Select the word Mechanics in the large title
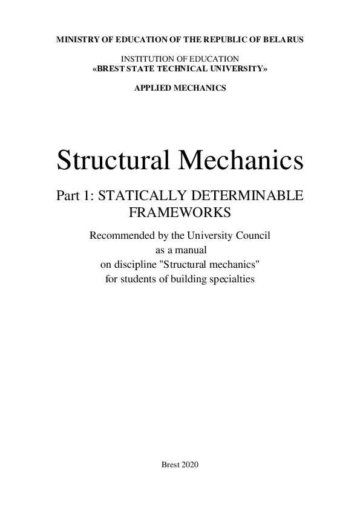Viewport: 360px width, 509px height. click(x=241, y=160)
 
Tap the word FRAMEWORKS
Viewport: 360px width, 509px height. click(x=180, y=213)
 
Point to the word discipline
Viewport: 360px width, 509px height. click(x=134, y=264)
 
